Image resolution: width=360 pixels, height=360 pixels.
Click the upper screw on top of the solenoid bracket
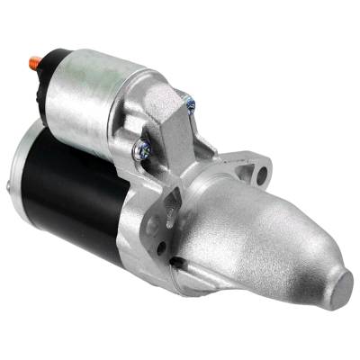[x=190, y=104]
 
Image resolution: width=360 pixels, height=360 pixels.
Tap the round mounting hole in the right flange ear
[x=262, y=167]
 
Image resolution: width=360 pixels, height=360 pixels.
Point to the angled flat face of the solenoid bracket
[x=171, y=135]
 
